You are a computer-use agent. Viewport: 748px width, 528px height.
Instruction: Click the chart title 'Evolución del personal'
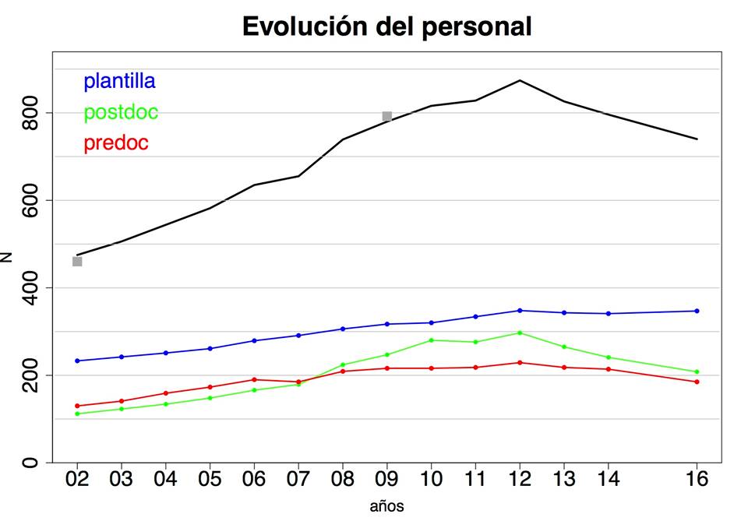pyautogui.click(x=386, y=26)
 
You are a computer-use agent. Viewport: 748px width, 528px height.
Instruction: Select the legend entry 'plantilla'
pyautogui.click(x=119, y=80)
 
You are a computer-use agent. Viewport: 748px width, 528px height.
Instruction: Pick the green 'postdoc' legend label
pyautogui.click(x=121, y=112)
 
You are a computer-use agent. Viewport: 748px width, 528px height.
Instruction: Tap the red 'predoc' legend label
pyautogui.click(x=115, y=143)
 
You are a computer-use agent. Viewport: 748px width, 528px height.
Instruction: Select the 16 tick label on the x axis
pyautogui.click(x=697, y=479)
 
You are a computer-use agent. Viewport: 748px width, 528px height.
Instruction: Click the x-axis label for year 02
pyautogui.click(x=77, y=479)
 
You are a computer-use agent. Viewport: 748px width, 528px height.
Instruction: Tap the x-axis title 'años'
pyautogui.click(x=386, y=507)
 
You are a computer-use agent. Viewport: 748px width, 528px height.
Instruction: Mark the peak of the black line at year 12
pyautogui.click(x=519, y=80)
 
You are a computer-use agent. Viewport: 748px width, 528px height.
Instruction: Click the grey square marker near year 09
pyautogui.click(x=387, y=117)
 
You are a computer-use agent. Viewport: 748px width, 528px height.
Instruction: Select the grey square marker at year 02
pyautogui.click(x=77, y=262)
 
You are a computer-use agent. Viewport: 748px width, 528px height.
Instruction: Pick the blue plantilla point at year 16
pyautogui.click(x=697, y=311)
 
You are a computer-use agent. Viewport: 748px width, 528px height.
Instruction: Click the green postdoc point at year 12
pyautogui.click(x=519, y=333)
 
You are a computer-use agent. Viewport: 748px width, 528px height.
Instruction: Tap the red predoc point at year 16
pyautogui.click(x=697, y=382)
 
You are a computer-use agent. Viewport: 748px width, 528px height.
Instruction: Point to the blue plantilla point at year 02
pyautogui.click(x=77, y=361)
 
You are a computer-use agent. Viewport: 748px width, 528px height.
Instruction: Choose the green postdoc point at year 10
pyautogui.click(x=431, y=340)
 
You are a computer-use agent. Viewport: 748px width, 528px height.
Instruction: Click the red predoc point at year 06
pyautogui.click(x=254, y=379)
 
